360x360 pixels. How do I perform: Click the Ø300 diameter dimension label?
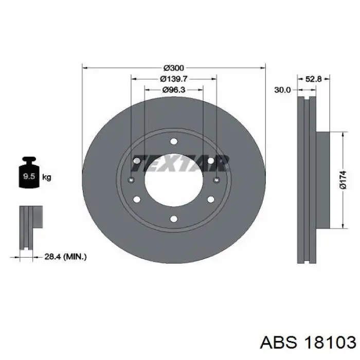(174, 68)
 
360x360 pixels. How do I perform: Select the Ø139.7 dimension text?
(174, 79)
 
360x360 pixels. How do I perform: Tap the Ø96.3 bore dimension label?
(174, 89)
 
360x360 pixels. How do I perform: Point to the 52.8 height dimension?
(313, 79)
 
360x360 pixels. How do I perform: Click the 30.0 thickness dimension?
(283, 90)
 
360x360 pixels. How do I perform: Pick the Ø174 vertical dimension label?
(343, 180)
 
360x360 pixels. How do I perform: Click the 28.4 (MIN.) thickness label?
(65, 257)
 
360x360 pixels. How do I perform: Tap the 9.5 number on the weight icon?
(29, 176)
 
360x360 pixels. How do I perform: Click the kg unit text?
(47, 177)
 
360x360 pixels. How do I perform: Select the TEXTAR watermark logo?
(180, 163)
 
